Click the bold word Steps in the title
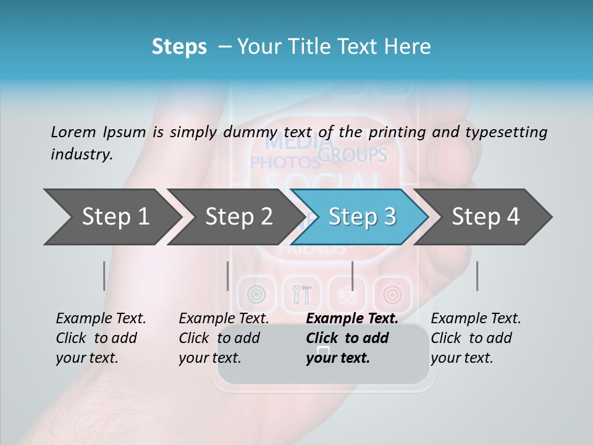[x=179, y=47]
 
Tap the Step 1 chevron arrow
[x=111, y=217]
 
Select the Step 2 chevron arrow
[x=235, y=217]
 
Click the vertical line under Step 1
[x=104, y=276]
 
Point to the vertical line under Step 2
[x=228, y=276]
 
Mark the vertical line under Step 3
[x=352, y=276]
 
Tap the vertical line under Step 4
[x=477, y=276]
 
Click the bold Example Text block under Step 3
[x=351, y=338]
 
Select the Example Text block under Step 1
[x=101, y=338]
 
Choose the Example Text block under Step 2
[x=224, y=338]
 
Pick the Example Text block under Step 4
[x=476, y=338]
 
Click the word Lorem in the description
[x=74, y=132]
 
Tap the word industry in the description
[x=81, y=155]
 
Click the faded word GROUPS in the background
[x=353, y=155]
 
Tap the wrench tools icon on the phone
[x=302, y=294]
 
